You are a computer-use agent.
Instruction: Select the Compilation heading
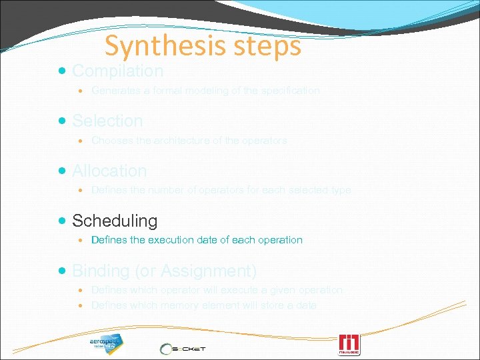click(117, 71)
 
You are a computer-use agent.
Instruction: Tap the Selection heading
click(107, 121)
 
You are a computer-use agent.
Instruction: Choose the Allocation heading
click(109, 171)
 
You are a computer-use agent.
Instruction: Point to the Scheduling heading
click(115, 221)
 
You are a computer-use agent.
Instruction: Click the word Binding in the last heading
click(99, 271)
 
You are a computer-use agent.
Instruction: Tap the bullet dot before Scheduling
click(63, 221)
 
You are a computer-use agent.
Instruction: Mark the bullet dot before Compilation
click(63, 71)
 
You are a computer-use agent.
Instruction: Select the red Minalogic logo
click(349, 345)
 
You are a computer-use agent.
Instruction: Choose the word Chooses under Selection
click(111, 141)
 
